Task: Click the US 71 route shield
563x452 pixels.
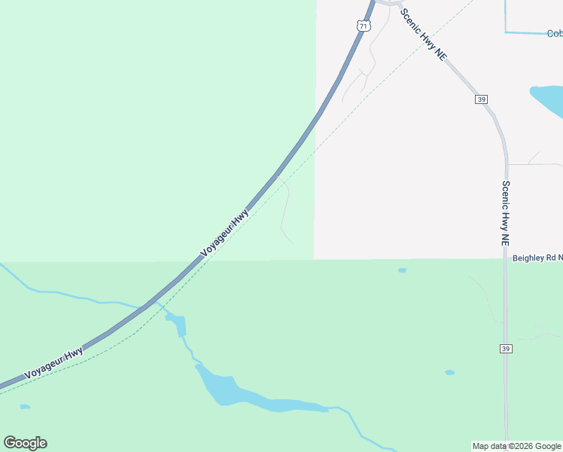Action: coord(364,26)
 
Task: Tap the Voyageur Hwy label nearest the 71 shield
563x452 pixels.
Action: coord(225,234)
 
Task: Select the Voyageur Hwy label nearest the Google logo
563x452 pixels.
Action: coord(53,364)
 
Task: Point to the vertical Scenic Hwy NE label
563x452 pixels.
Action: coord(506,213)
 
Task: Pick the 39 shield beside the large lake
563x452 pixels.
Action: coord(481,99)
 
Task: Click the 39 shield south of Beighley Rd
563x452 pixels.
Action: coord(506,348)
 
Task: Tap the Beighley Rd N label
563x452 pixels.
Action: coord(537,258)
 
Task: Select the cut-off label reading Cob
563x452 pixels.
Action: coord(554,33)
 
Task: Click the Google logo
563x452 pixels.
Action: coord(25,443)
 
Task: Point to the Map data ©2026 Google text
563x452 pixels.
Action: coord(516,446)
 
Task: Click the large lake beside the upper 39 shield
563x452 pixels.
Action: coord(549,100)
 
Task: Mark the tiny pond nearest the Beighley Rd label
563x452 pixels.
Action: coord(402,270)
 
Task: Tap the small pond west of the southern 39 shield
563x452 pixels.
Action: coord(449,372)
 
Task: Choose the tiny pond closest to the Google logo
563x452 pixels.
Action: coord(25,407)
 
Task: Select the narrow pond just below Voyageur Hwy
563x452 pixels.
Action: coord(178,325)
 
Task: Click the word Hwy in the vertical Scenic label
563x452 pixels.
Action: coord(506,215)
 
